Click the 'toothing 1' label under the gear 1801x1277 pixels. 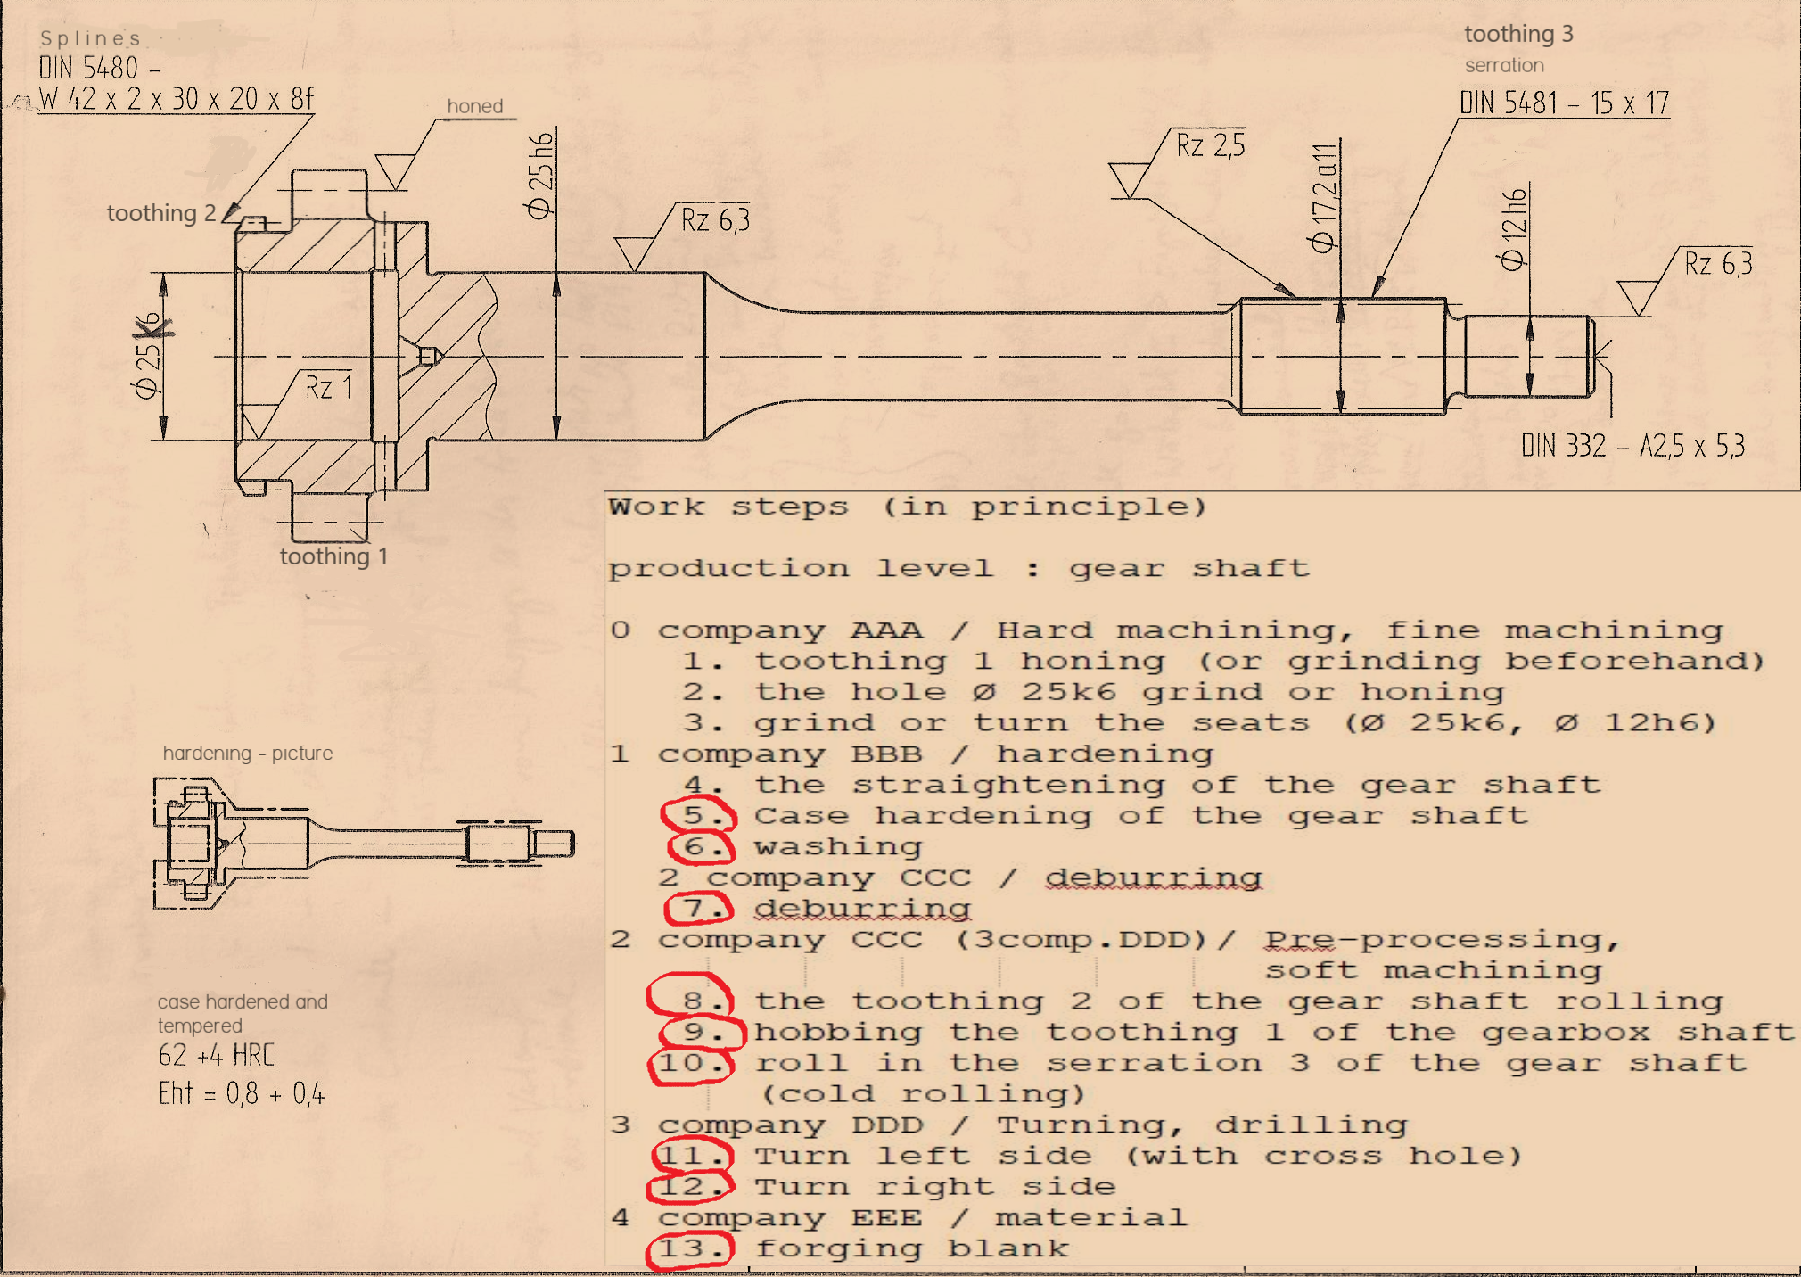333,556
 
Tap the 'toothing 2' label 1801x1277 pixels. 161,213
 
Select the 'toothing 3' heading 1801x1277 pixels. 1518,34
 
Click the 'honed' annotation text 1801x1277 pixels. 475,106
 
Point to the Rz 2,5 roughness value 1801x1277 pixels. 1210,144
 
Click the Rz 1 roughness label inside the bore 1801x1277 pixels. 329,387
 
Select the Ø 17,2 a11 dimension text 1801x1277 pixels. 1323,197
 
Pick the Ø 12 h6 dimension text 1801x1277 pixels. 1514,229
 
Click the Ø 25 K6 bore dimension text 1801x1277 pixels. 149,356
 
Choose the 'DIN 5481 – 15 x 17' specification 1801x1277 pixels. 1564,103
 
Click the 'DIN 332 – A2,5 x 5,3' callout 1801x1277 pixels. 1632,445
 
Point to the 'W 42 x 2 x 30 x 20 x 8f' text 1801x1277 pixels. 177,98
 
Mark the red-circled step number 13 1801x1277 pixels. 690,1248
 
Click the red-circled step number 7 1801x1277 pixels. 699,909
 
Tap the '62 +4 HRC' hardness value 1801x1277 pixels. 217,1056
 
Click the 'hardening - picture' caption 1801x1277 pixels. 248,753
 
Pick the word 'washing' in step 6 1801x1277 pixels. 838,846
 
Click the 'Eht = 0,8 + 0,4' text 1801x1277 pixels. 242,1093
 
